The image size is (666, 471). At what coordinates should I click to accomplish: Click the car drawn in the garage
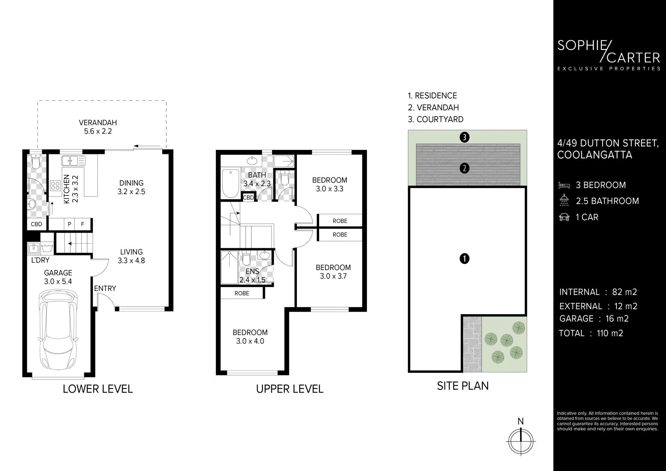58,331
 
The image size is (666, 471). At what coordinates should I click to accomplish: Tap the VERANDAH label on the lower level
98,123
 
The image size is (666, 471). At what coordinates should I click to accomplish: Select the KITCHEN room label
67,189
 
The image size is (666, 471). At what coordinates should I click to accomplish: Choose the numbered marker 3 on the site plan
464,137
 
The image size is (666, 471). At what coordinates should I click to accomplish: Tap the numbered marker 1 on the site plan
464,259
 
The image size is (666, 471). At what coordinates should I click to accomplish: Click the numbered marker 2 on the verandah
464,169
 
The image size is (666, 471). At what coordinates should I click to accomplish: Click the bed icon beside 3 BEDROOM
564,185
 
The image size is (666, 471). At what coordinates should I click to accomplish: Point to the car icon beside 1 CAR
564,217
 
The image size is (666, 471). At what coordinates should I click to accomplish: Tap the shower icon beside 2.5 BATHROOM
564,200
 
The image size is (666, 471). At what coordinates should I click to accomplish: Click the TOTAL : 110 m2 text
591,333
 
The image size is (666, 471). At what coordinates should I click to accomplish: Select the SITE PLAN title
463,386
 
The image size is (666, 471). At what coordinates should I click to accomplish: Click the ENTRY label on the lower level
105,288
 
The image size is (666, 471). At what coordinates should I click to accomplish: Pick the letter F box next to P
83,224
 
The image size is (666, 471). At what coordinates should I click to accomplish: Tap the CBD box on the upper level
248,197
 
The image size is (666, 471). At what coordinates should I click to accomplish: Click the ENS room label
253,271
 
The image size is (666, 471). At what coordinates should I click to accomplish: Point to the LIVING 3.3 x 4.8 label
131,256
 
